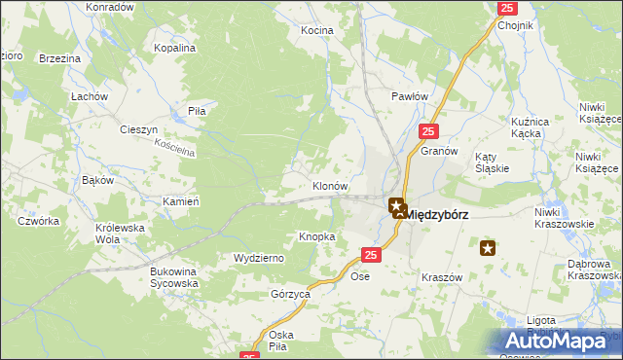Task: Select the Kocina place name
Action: [x=316, y=30]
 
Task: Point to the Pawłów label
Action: [x=410, y=96]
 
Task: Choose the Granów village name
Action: [x=439, y=152]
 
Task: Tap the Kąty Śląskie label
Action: [x=494, y=162]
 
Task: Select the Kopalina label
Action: [x=175, y=47]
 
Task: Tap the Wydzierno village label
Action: [x=258, y=258]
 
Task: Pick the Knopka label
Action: [x=317, y=236]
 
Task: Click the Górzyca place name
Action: [x=290, y=293]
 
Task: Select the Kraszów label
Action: [x=441, y=277]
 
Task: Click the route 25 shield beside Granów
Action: [x=430, y=130]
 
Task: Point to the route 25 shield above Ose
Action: [x=370, y=255]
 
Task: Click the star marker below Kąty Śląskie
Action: [x=489, y=249]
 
